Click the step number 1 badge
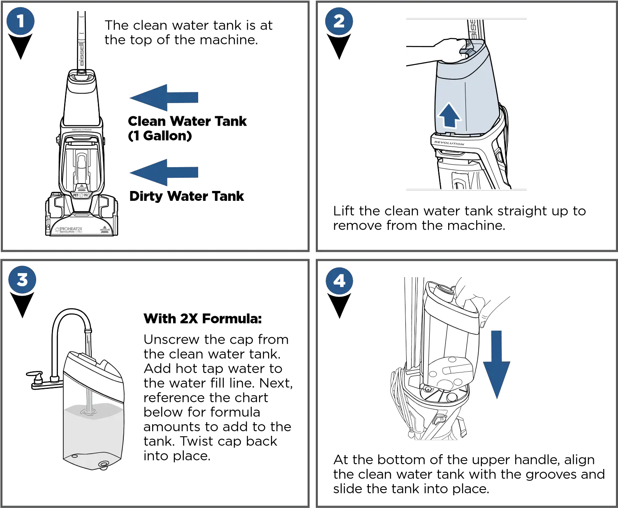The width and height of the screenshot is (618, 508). [x=21, y=21]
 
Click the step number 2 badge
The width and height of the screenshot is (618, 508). [x=339, y=21]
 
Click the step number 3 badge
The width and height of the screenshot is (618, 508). [x=22, y=280]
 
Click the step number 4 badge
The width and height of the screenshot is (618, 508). [x=339, y=281]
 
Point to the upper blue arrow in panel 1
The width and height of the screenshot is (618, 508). [x=164, y=97]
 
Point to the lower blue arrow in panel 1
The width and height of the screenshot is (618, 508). [x=164, y=172]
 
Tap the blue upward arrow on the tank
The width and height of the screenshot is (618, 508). [x=448, y=116]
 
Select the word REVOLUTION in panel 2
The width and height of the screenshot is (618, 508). [x=449, y=143]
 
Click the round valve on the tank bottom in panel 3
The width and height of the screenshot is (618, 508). [x=103, y=464]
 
